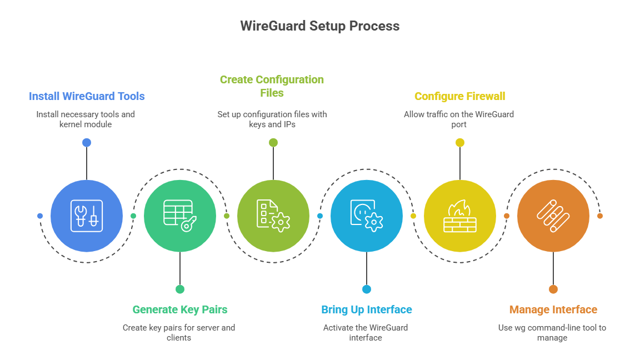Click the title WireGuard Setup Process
pos(319,26)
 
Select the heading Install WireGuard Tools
pos(87,96)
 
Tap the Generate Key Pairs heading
pos(179,309)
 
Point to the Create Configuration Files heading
pos(272,86)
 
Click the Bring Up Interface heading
pos(366,309)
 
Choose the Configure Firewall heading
pos(459,96)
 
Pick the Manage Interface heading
pos(553,309)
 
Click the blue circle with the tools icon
pos(87,216)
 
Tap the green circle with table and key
pos(179,216)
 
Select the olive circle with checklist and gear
pos(273,216)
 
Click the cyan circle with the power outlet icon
pos(366,216)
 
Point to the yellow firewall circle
pos(459,216)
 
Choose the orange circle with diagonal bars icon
pos(553,216)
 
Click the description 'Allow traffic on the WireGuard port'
pos(459,119)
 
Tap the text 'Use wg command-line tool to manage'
pos(552,332)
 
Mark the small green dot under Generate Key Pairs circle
pos(179,289)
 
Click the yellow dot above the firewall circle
pos(459,143)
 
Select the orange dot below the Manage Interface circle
pos(553,289)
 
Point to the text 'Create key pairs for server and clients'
pos(178,332)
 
